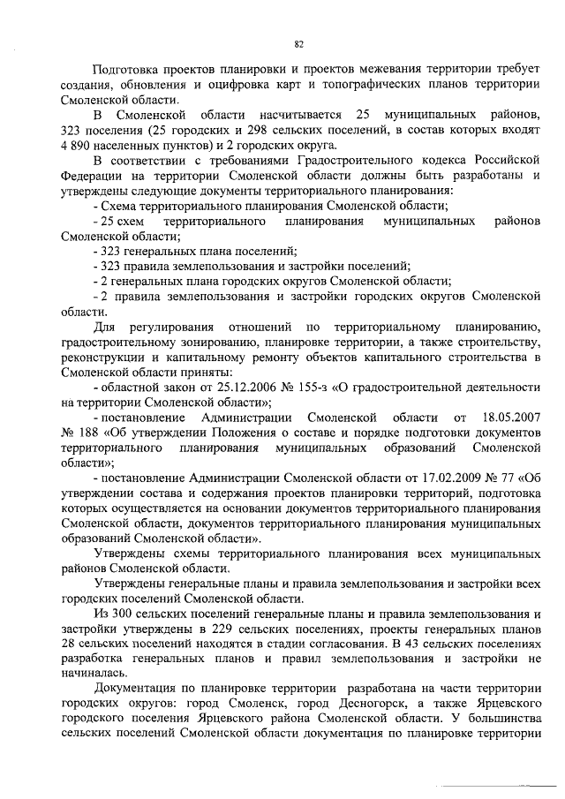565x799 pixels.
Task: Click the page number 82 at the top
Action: pos(298,41)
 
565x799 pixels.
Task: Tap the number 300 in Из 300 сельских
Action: pos(120,614)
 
